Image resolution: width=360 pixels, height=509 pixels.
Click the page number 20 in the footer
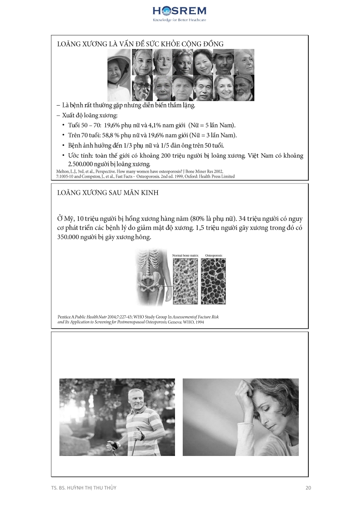tap(308, 488)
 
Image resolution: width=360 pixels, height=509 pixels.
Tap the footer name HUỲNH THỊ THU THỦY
tap(91, 488)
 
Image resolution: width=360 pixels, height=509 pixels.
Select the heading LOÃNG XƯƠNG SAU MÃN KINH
tap(107, 193)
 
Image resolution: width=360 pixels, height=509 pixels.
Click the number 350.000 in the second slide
tap(72, 237)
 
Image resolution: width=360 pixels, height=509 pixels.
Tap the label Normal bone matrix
tap(185, 256)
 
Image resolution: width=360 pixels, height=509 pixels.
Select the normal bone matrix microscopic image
tap(185, 281)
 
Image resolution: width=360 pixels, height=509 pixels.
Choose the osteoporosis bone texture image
tap(213, 281)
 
